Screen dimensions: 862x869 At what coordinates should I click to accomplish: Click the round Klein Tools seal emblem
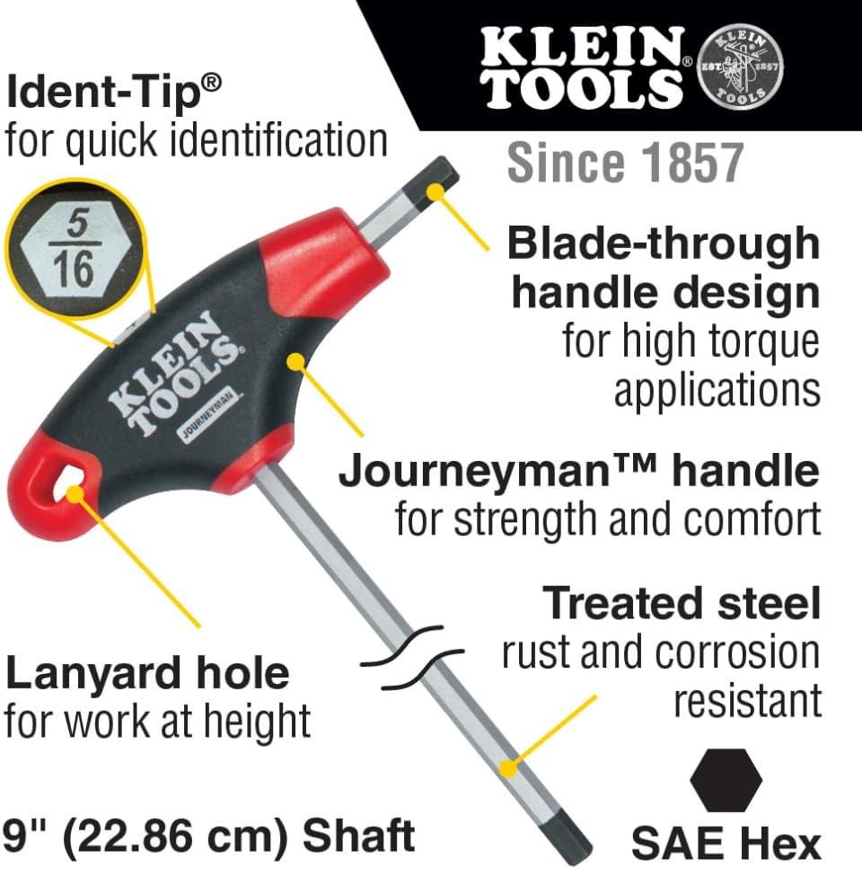coord(742,65)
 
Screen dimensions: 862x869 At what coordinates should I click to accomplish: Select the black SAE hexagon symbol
coord(726,780)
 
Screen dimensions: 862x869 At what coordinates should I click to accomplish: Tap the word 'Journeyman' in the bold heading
coord(470,472)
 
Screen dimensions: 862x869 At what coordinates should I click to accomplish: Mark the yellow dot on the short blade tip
coord(436,191)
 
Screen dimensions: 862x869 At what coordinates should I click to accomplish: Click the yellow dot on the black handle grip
coord(296,362)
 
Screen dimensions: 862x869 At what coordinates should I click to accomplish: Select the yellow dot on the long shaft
coord(507,768)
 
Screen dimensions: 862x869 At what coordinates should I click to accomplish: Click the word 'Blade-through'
coord(664,244)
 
